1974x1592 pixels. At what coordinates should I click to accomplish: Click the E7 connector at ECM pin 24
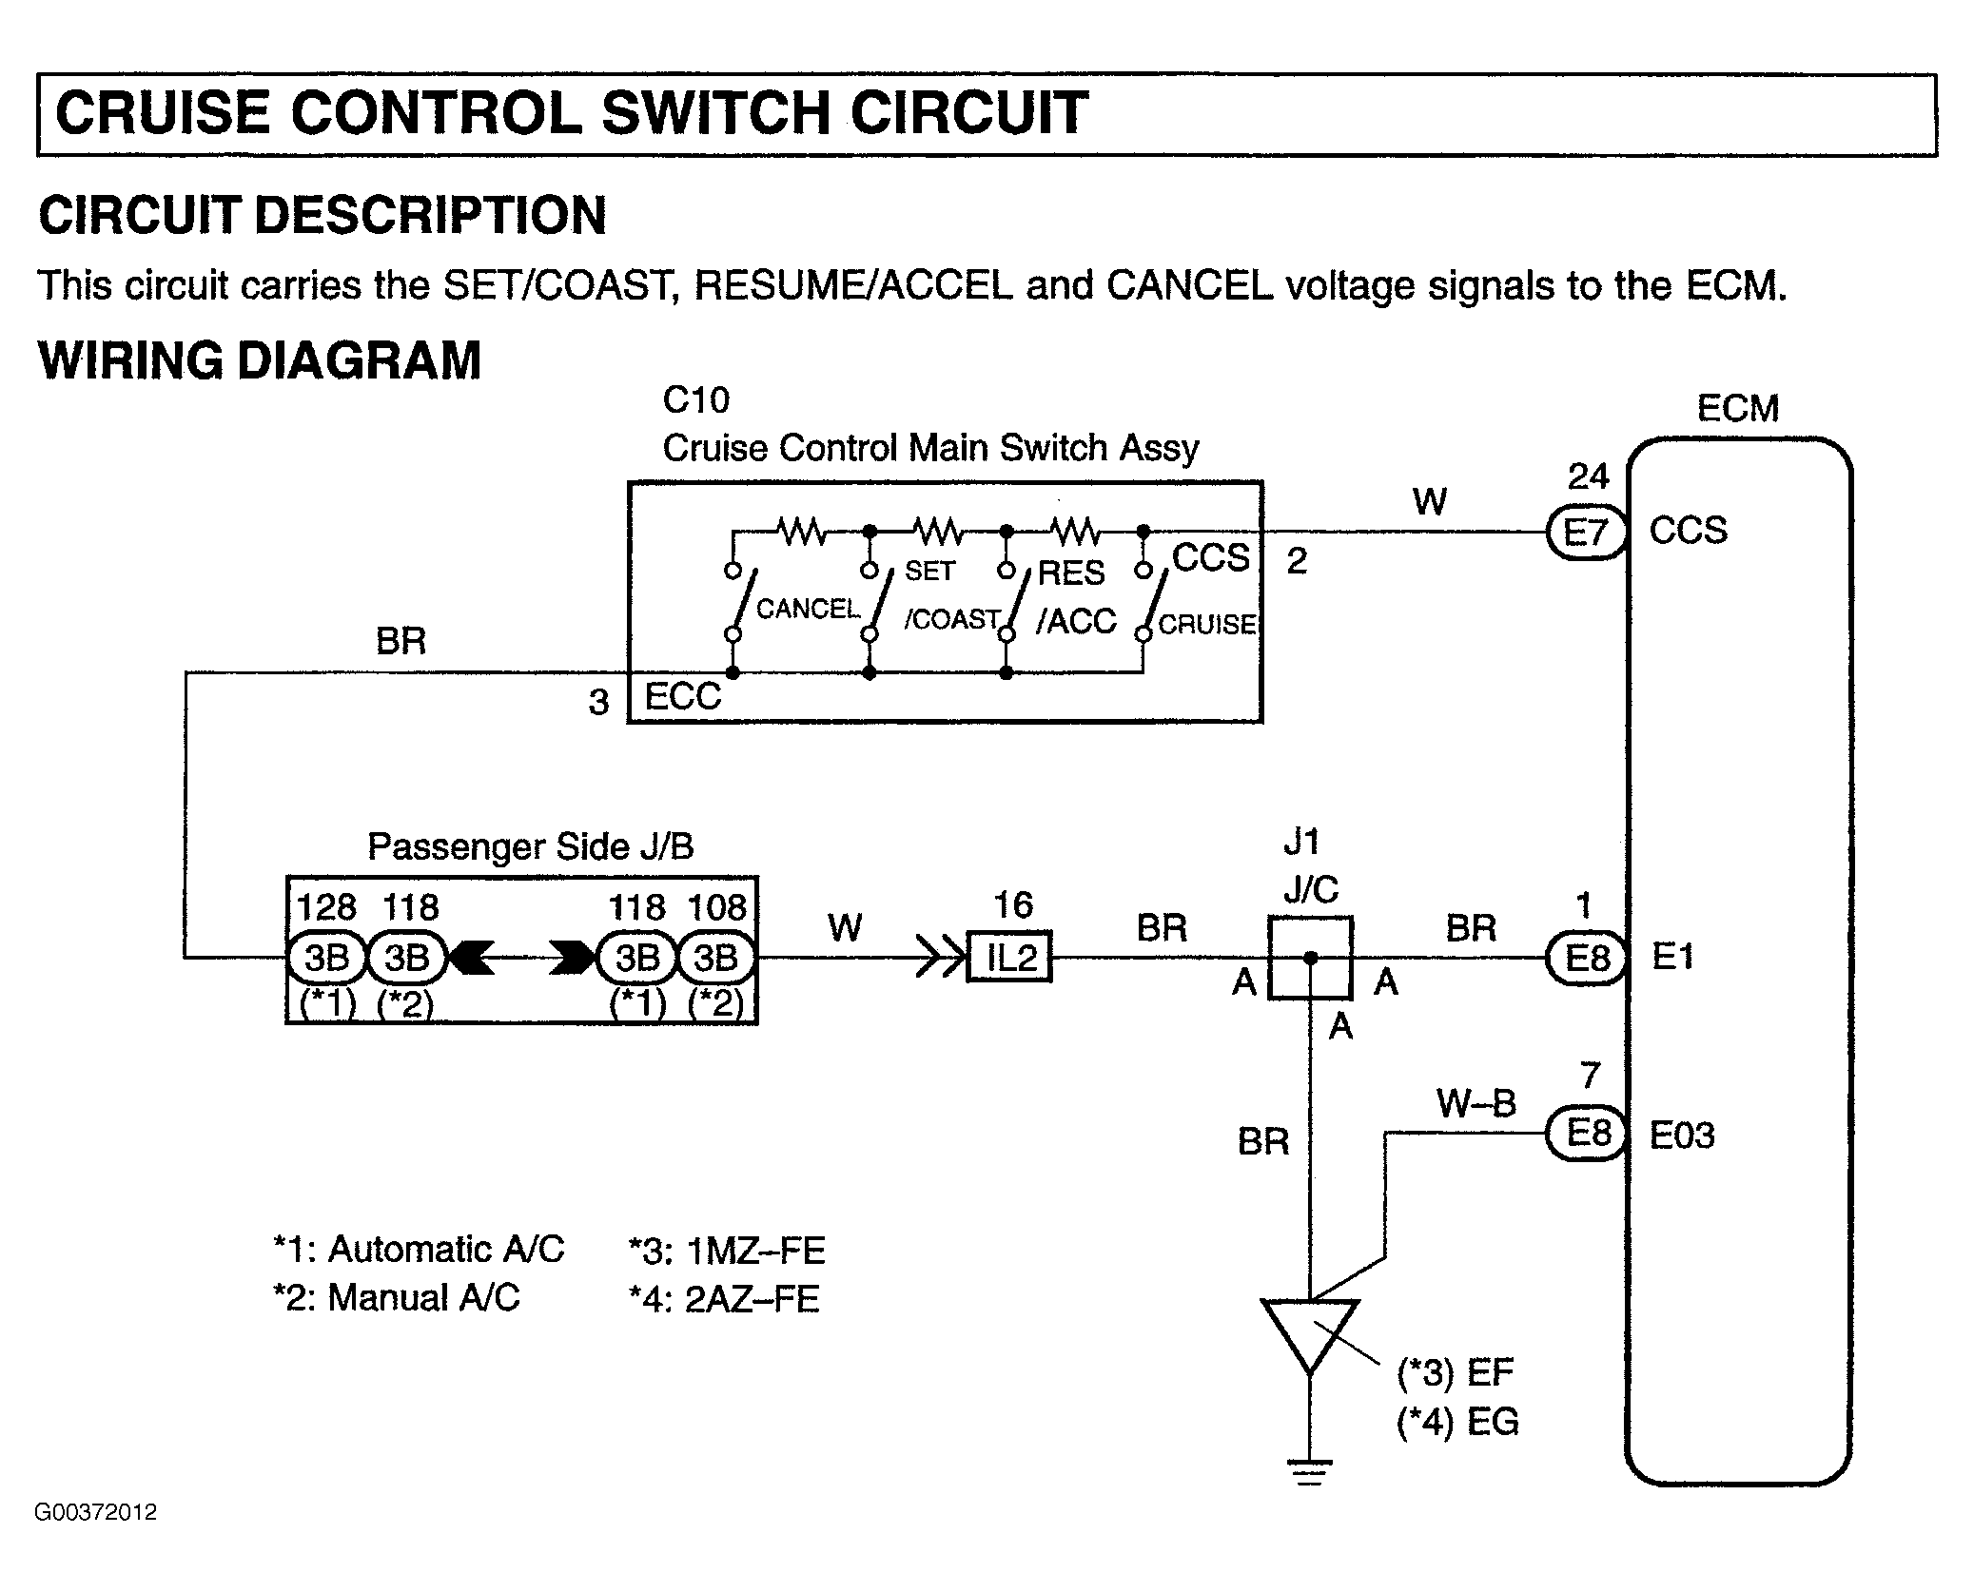tap(1585, 533)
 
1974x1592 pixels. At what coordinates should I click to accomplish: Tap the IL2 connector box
tap(1009, 957)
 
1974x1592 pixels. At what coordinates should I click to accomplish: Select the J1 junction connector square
tap(1310, 958)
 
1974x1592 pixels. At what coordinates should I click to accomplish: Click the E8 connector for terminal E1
tap(1585, 958)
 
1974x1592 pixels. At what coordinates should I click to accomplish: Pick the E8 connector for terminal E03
tap(1585, 1134)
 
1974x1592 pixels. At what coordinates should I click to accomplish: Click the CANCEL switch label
tap(808, 609)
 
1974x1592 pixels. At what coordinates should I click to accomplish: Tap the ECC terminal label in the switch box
tap(682, 696)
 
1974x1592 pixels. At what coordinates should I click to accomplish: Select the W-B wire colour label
tap(1476, 1103)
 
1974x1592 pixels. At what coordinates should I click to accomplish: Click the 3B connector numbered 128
tap(326, 958)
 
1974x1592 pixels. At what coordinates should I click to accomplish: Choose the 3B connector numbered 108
tap(716, 958)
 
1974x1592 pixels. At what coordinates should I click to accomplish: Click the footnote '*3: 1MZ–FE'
tap(727, 1251)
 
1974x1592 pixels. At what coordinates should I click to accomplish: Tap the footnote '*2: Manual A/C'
tap(397, 1297)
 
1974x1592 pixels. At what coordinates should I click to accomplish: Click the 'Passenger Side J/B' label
tap(531, 846)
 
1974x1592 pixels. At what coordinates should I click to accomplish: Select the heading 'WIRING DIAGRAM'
tap(260, 360)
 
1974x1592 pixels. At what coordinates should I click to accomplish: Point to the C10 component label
tap(695, 400)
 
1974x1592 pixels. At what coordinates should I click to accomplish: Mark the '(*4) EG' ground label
tap(1457, 1422)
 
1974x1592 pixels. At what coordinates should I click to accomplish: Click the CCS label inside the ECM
tap(1688, 531)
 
